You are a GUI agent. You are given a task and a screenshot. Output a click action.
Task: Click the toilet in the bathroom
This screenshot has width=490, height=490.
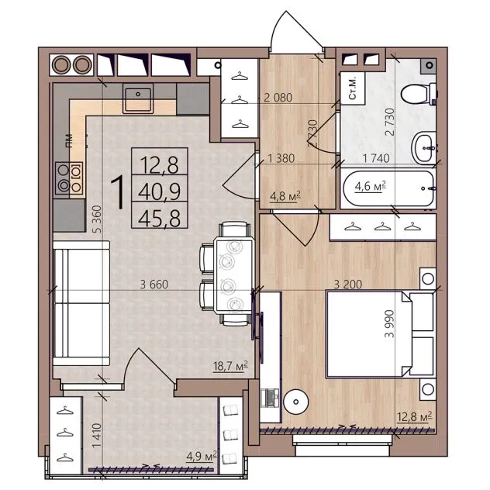pyautogui.click(x=419, y=94)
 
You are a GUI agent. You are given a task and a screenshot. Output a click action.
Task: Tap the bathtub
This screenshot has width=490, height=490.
pyautogui.click(x=388, y=188)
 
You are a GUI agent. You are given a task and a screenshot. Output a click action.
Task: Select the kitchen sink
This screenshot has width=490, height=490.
pyautogui.click(x=138, y=98)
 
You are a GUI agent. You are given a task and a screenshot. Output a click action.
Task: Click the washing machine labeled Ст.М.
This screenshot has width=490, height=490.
pyautogui.click(x=353, y=88)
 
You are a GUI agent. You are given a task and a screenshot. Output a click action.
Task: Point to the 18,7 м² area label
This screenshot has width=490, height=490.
pyautogui.click(x=230, y=366)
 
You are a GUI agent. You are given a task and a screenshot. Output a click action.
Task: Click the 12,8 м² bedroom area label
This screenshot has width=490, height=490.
pyautogui.click(x=414, y=416)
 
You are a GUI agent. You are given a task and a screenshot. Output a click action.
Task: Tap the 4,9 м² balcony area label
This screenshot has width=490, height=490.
pyautogui.click(x=202, y=457)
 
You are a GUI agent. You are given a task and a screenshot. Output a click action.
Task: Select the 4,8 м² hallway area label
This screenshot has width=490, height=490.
pyautogui.click(x=285, y=196)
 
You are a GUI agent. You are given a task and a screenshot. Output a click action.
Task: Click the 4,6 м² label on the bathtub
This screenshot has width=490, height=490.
pyautogui.click(x=370, y=186)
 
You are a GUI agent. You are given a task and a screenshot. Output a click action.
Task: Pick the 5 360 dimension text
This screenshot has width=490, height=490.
pyautogui.click(x=98, y=219)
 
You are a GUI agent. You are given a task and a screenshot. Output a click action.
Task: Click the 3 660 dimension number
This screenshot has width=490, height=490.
pyautogui.click(x=154, y=285)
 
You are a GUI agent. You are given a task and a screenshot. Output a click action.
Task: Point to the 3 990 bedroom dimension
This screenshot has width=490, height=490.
pyautogui.click(x=389, y=324)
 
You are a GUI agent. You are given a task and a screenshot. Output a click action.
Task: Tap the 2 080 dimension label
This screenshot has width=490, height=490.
pyautogui.click(x=278, y=98)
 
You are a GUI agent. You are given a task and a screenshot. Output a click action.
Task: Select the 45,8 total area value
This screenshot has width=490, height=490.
pyautogui.click(x=160, y=218)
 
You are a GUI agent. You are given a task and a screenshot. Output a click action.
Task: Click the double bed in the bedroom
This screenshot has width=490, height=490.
pyautogui.click(x=380, y=333)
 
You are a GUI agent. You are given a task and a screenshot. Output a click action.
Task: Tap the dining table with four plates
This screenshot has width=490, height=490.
pyautogui.click(x=234, y=276)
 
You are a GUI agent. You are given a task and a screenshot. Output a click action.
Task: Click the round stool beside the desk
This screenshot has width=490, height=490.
pyautogui.click(x=296, y=402)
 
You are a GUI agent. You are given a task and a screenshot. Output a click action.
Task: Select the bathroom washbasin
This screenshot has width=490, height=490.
pyautogui.click(x=424, y=147)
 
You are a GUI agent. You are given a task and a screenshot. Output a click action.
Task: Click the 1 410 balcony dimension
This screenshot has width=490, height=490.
pyautogui.click(x=97, y=435)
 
